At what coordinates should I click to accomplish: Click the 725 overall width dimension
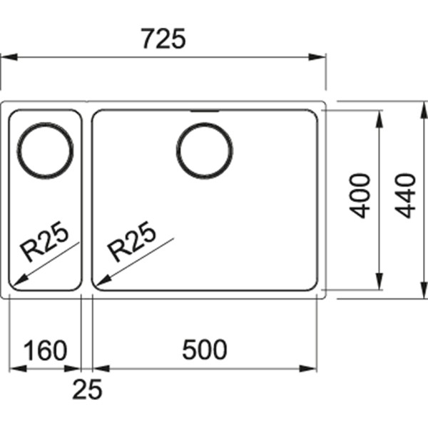[x=163, y=37]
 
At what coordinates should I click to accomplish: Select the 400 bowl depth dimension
[x=361, y=195]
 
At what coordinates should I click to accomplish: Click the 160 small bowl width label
[x=45, y=350]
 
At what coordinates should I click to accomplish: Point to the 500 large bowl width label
[x=204, y=350]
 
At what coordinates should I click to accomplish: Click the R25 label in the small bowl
[x=44, y=240]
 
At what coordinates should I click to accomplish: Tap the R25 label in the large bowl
[x=131, y=240]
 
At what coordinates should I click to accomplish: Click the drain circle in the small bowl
[x=45, y=151]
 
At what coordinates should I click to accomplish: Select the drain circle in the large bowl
[x=205, y=151]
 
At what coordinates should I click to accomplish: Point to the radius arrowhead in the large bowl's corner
[x=101, y=280]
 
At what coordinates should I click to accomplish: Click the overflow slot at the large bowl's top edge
[x=205, y=111]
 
